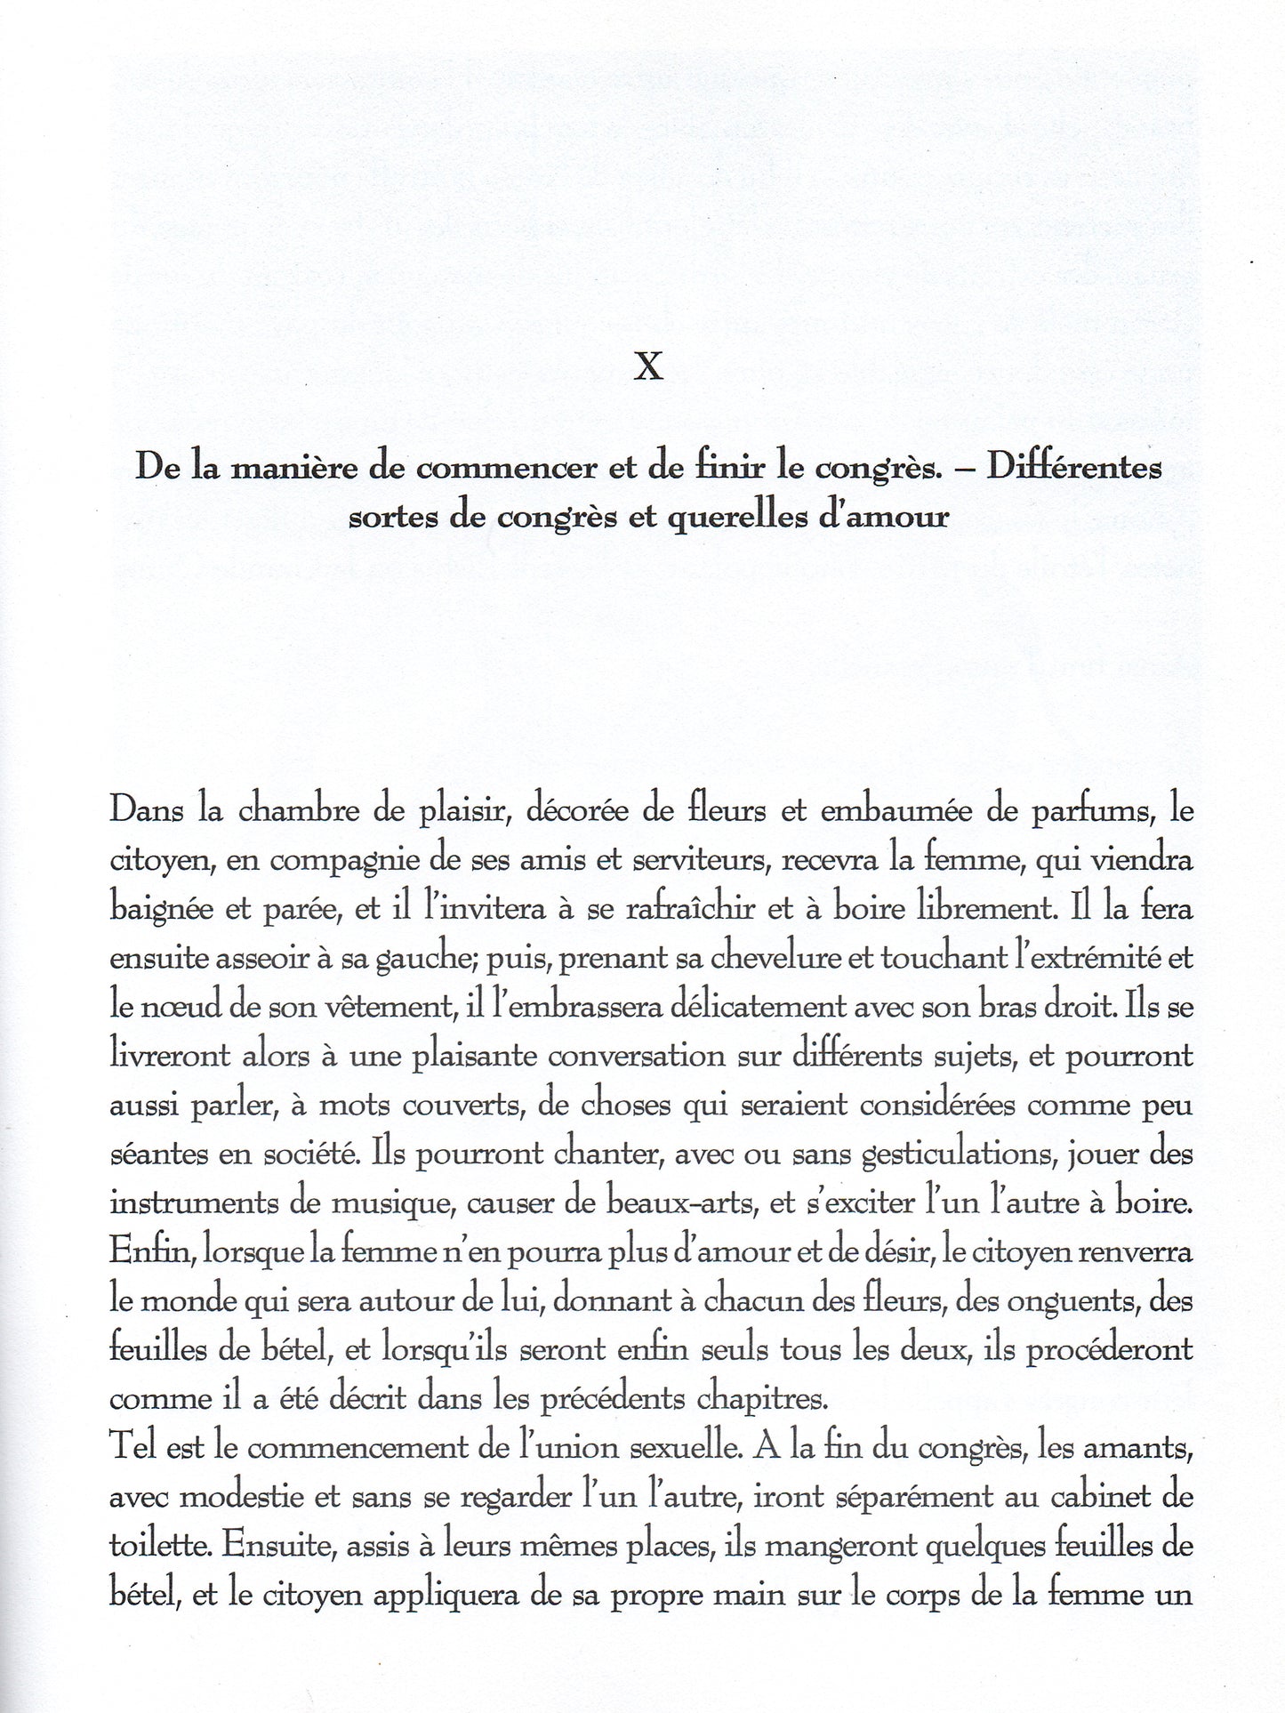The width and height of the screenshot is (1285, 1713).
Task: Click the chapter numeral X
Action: coord(648,366)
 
